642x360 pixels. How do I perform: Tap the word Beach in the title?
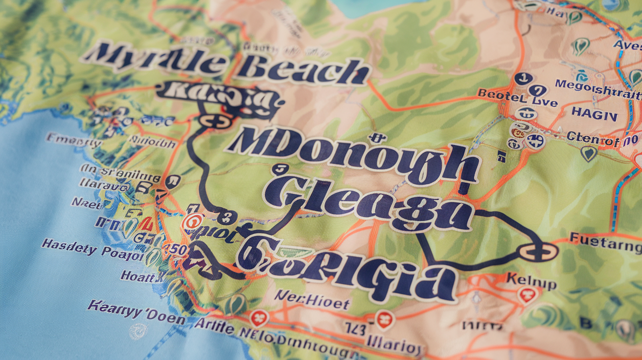click(x=302, y=71)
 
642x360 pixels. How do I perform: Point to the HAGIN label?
click(x=594, y=114)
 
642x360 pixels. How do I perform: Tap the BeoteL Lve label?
click(x=517, y=98)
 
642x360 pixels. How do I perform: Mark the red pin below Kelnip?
click(x=527, y=295)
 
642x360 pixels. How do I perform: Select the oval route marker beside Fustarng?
click(x=538, y=252)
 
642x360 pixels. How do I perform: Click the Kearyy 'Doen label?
click(x=137, y=313)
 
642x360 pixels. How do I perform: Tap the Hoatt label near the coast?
click(x=141, y=276)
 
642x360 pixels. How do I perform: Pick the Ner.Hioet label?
click(x=312, y=300)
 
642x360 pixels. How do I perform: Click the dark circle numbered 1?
click(x=523, y=78)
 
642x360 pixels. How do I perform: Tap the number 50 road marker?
click(x=177, y=250)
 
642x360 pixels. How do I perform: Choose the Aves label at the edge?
click(x=628, y=45)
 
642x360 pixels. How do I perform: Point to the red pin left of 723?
click(x=259, y=318)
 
